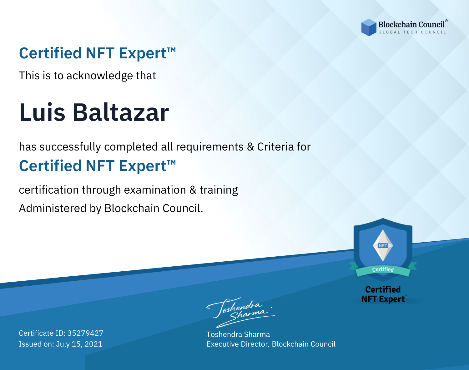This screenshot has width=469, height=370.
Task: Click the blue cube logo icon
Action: (369, 27)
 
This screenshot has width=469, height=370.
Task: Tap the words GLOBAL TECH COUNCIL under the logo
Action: (412, 32)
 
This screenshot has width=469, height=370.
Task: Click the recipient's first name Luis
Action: (42, 112)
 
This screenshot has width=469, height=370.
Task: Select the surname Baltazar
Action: (121, 112)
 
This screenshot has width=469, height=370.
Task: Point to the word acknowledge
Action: (100, 76)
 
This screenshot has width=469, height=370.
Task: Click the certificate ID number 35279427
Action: (85, 333)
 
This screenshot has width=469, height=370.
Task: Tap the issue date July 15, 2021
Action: (79, 344)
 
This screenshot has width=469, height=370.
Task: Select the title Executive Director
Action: (238, 344)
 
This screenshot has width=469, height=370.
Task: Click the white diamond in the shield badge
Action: (383, 245)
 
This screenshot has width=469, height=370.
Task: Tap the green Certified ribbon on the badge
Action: (383, 270)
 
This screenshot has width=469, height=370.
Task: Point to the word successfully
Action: (70, 147)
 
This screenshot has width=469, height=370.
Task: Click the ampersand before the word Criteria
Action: (250, 147)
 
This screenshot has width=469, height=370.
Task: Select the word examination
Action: (155, 190)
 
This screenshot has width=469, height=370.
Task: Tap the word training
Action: (219, 190)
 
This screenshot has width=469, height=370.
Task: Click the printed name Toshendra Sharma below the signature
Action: (238, 334)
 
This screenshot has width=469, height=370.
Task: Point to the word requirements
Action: (210, 147)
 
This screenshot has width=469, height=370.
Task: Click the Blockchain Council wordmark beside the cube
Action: (411, 25)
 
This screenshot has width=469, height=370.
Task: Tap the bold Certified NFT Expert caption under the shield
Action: (383, 294)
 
